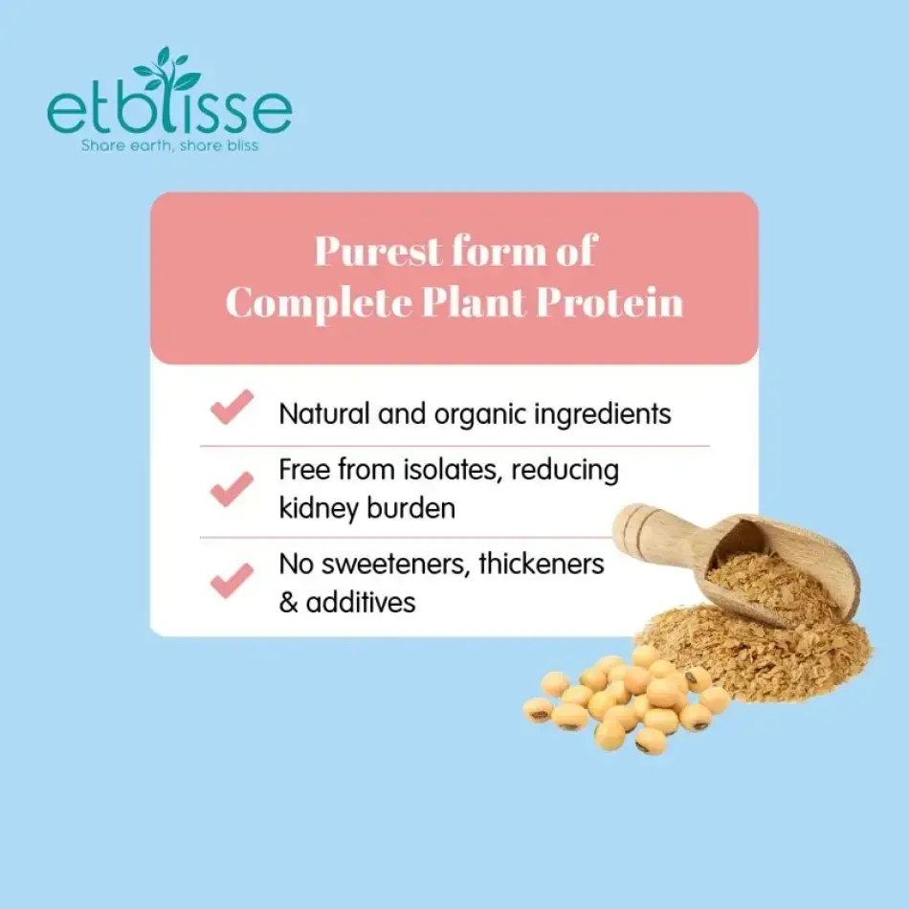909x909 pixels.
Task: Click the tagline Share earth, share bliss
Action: [169, 146]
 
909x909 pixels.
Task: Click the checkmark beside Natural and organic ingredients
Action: [232, 408]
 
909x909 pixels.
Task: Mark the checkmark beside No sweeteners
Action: [232, 580]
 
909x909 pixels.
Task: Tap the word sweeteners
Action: [398, 565]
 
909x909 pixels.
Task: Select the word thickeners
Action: [542, 565]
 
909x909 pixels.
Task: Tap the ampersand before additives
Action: [289, 602]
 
